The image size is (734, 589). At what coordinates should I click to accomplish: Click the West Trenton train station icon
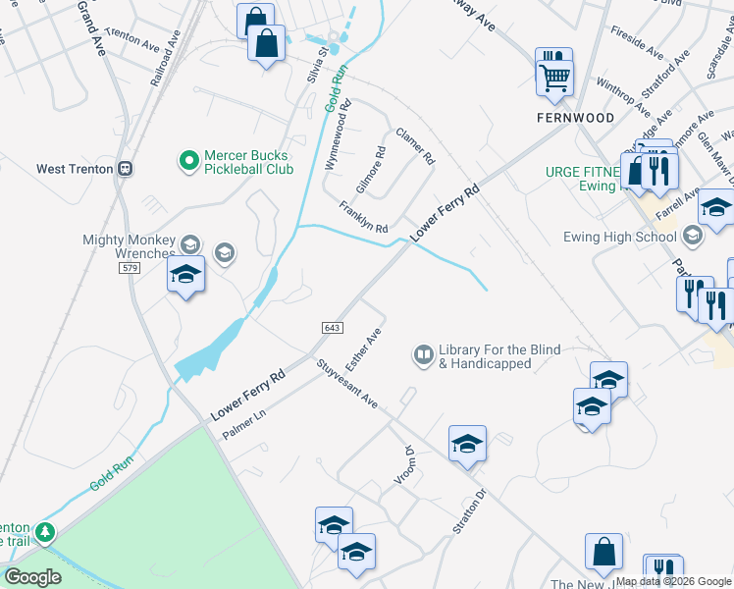pos(125,168)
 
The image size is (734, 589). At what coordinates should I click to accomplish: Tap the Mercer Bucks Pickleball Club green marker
pos(186,158)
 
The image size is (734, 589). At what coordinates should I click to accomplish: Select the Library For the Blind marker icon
pos(424,354)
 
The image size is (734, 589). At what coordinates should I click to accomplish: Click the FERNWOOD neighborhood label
pos(575,118)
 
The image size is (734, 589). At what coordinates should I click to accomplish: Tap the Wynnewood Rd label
pos(336,135)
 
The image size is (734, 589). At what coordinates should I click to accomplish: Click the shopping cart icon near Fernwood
pos(555,77)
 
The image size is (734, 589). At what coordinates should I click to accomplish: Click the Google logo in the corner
pos(32,577)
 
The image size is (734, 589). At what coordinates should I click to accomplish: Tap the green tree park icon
pos(44,533)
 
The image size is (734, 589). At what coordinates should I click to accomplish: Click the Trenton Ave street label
pos(133,46)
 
